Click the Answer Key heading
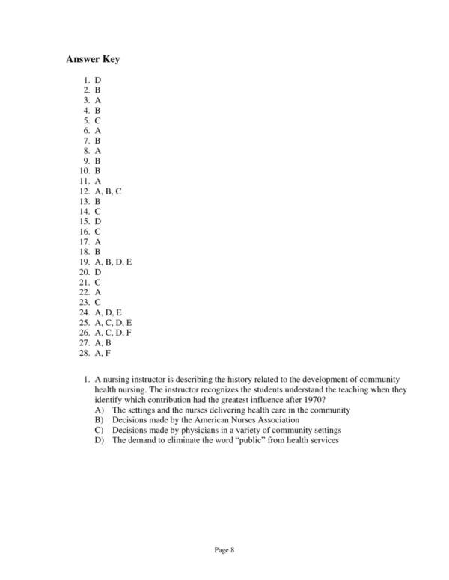(x=93, y=59)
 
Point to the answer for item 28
(x=103, y=353)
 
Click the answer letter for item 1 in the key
(x=98, y=79)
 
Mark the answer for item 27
(x=103, y=342)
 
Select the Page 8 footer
(x=224, y=550)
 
